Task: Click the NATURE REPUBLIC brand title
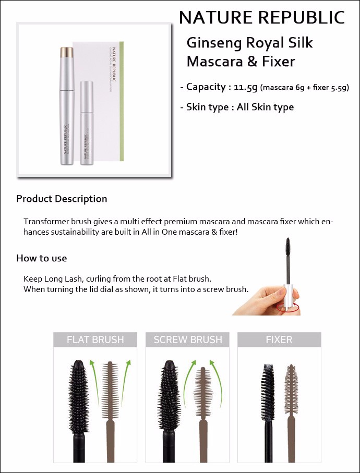262,18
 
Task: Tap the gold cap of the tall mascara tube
67,52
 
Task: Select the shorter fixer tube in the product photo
86,123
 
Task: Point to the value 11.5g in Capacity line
245,87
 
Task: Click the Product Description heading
62,199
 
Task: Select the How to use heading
42,258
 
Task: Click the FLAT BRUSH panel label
95,339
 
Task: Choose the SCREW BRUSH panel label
188,339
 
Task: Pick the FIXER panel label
279,339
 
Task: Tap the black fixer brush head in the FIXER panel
268,392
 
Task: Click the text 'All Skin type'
265,107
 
